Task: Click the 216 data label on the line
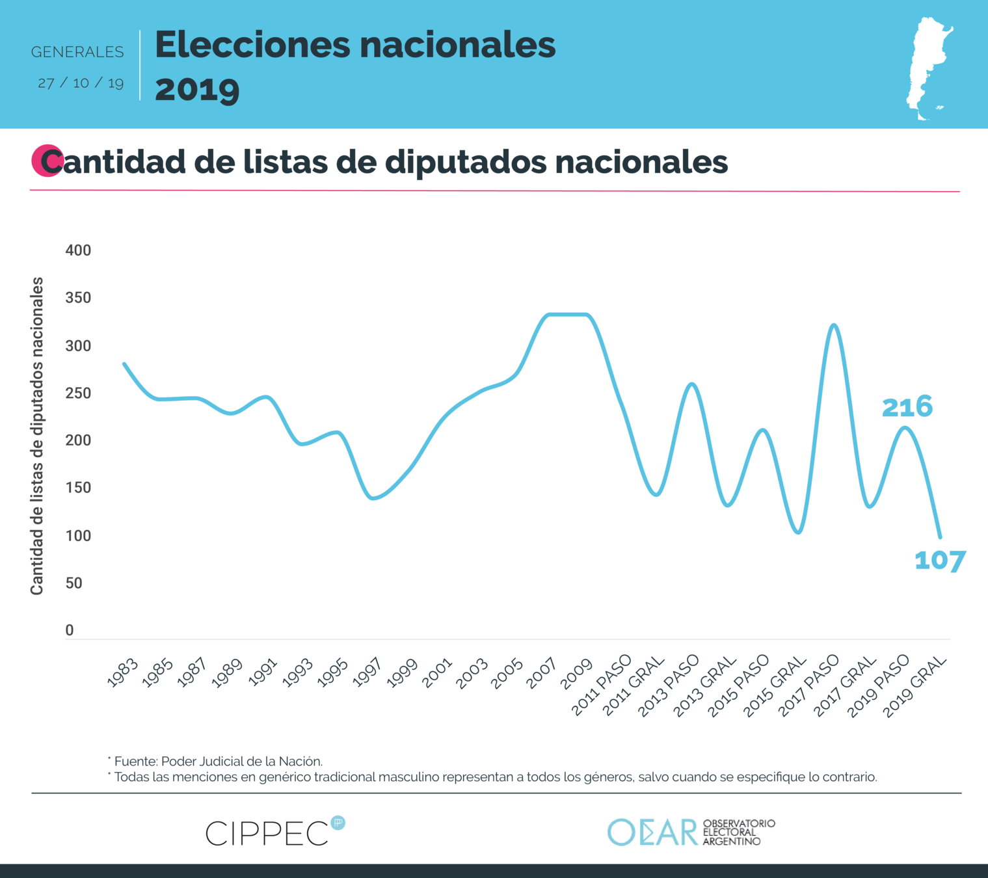coord(907,407)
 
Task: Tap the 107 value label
coord(940,561)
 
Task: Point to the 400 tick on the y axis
coord(78,250)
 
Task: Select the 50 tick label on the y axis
coord(74,583)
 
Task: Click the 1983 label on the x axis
coord(122,673)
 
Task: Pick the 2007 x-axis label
coord(541,673)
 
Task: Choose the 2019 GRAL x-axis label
coord(915,686)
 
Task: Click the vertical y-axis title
coord(37,436)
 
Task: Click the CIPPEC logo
coord(268,833)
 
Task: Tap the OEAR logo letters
coord(652,832)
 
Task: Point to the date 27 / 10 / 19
coord(81,83)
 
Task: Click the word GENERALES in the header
coord(77,52)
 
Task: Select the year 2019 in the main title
coord(197,89)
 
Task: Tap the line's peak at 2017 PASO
coord(834,325)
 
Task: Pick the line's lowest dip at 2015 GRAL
coord(799,533)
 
